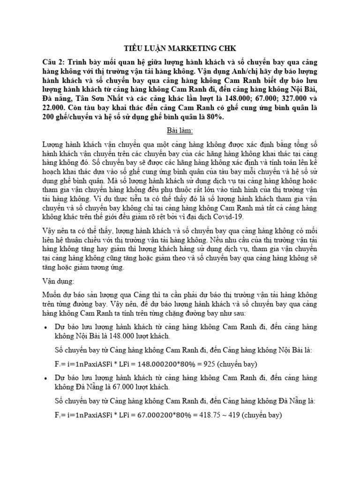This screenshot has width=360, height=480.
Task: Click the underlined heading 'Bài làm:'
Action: pyautogui.click(x=180, y=130)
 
